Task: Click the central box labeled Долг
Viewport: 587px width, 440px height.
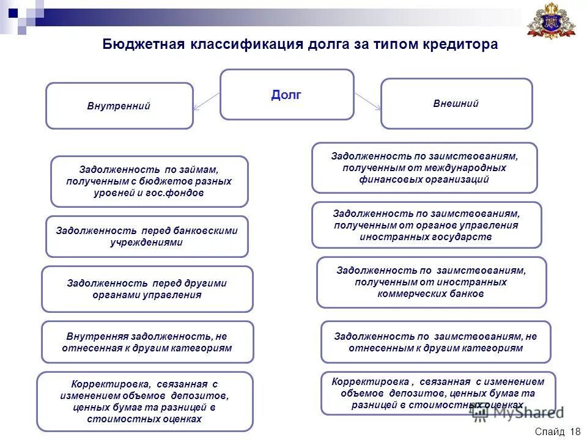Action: pos(287,94)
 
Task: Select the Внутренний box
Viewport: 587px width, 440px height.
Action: pos(119,106)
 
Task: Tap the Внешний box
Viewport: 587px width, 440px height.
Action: pos(456,103)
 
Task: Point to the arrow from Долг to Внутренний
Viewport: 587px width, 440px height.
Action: pos(207,101)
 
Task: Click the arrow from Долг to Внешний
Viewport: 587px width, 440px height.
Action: pos(367,101)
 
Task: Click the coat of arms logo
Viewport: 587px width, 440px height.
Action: pos(552,23)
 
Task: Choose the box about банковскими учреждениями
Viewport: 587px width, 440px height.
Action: pos(147,236)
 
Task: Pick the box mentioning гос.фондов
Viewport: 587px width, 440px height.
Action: pos(149,181)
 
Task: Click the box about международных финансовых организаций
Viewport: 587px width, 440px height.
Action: pos(424,167)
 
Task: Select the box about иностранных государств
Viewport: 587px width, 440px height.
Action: pos(426,225)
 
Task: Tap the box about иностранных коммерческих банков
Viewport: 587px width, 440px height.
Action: pos(431,282)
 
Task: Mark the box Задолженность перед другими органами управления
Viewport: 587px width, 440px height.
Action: pos(147,288)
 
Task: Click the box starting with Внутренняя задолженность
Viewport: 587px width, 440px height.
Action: pos(147,342)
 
